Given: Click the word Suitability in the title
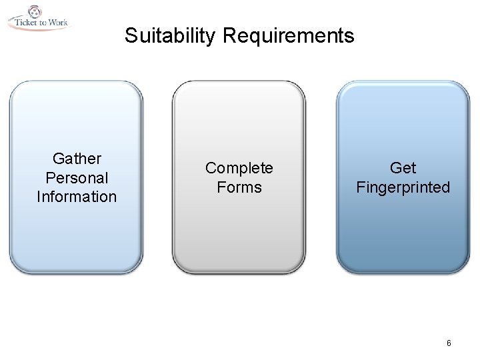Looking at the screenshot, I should (170, 35).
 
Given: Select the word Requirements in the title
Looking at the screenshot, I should (289, 35).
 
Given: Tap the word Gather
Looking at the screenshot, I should (77, 159).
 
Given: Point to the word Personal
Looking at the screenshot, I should (77, 178).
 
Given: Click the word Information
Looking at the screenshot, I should (77, 197).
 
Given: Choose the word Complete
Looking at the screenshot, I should (239, 168).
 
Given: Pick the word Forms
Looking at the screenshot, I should (239, 187).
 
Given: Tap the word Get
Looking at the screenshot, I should (403, 168).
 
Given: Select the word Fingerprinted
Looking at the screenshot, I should (403, 187).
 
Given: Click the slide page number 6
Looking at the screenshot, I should (449, 343).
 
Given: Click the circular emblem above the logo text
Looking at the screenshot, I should (34, 11).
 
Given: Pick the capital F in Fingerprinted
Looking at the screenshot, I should (360, 187).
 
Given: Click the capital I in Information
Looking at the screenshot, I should (39, 197).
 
